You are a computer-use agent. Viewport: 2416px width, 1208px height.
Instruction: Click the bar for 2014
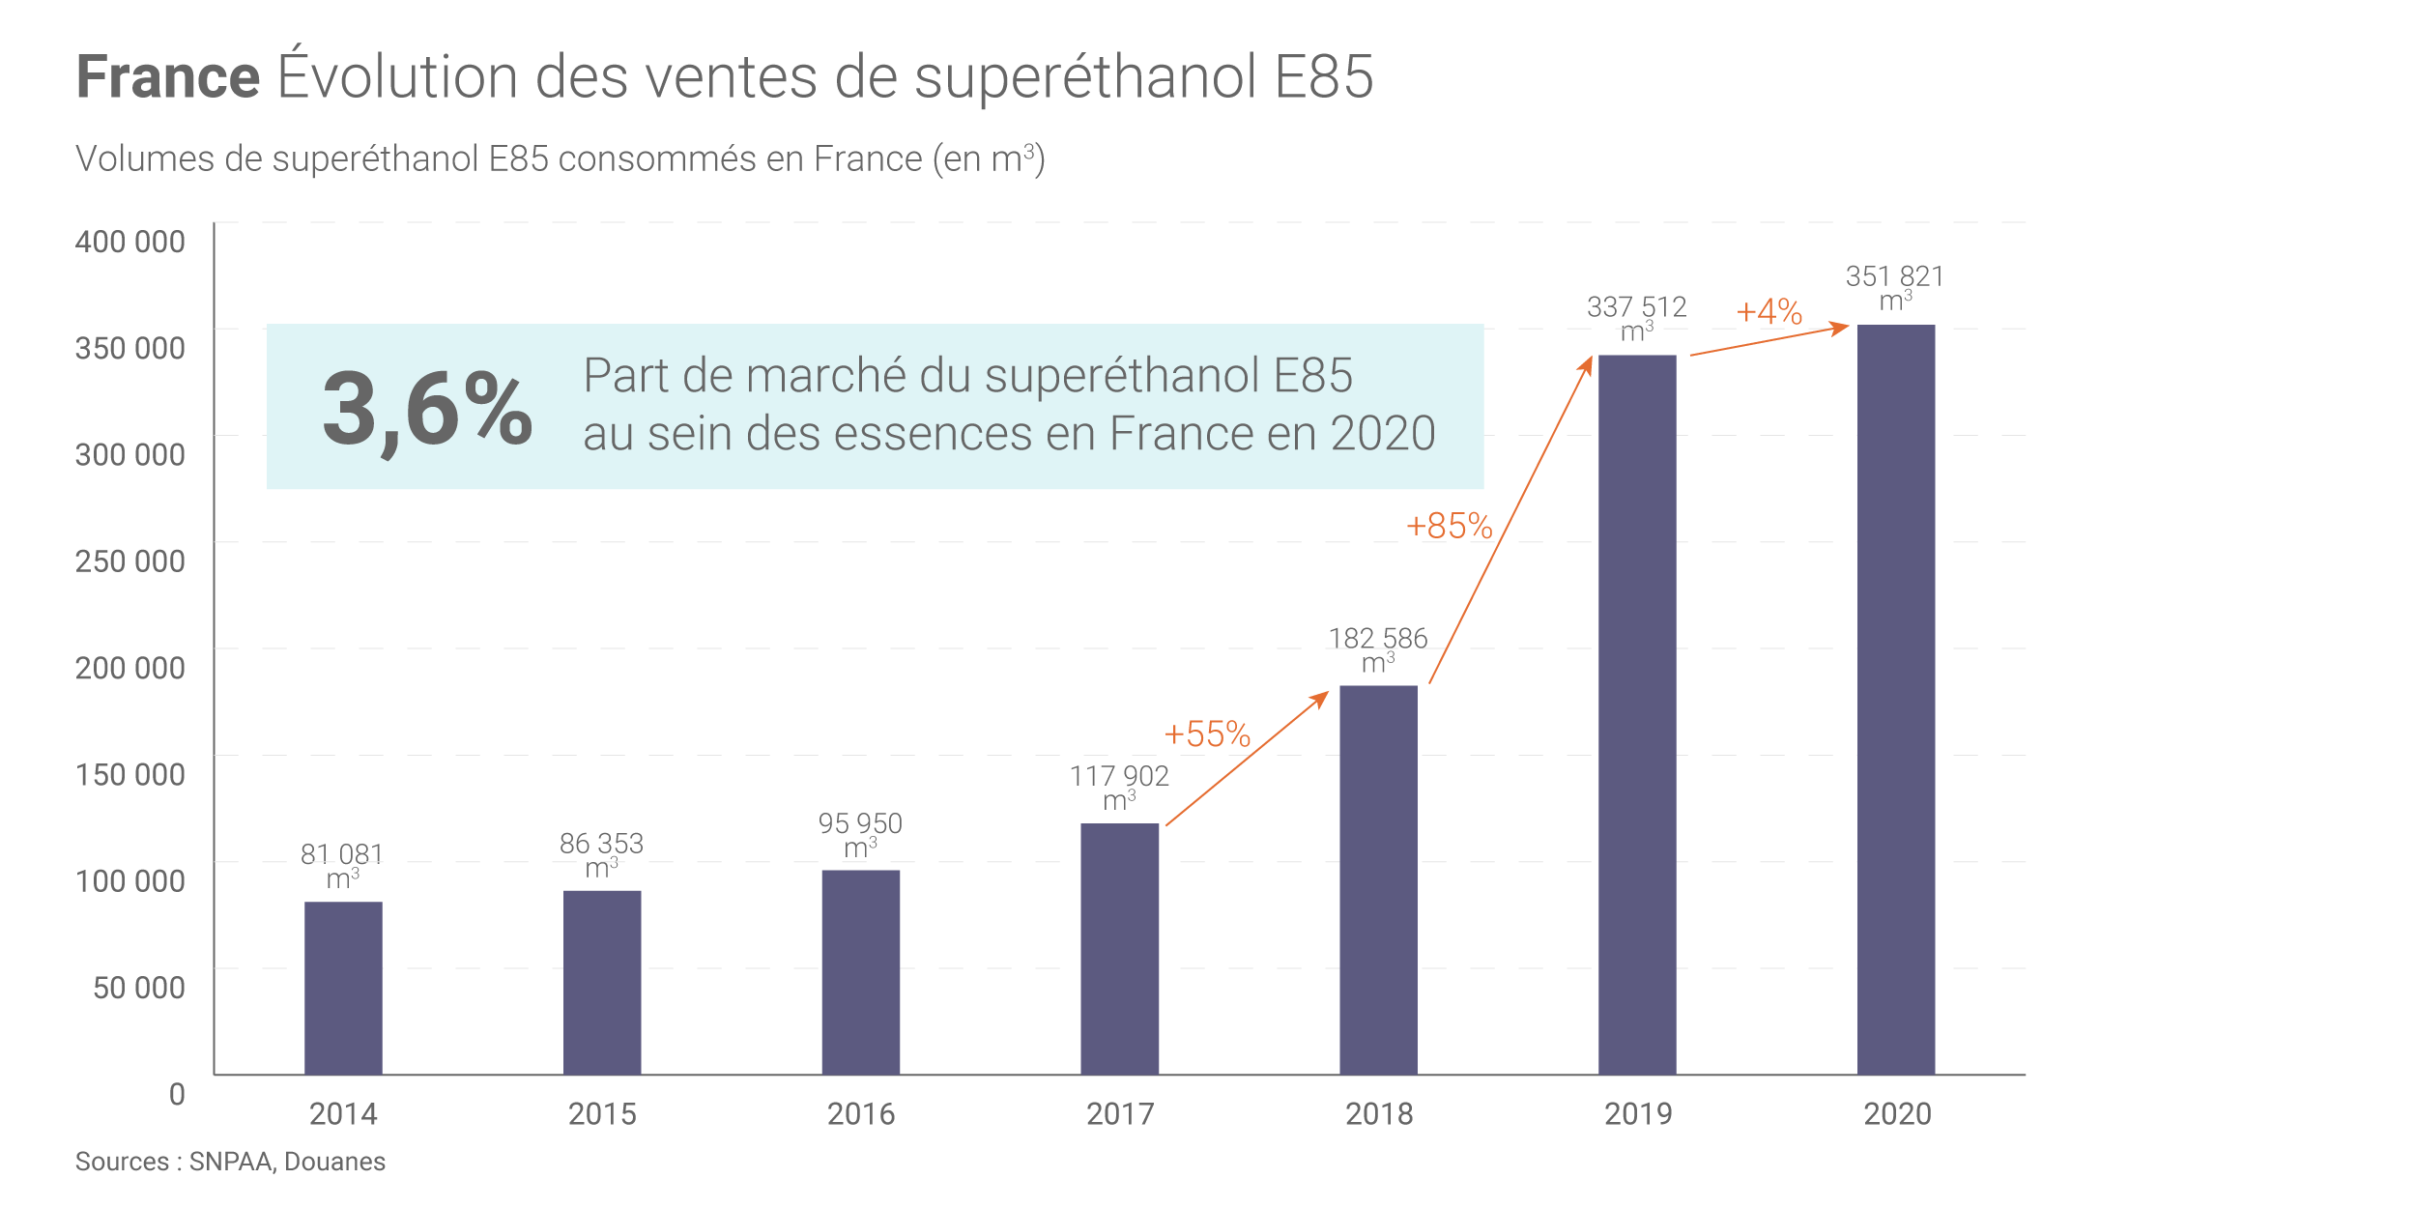click(x=343, y=988)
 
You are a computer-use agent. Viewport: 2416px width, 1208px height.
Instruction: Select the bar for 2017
click(x=1119, y=949)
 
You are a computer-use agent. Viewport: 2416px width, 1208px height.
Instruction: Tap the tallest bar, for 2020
click(x=1896, y=700)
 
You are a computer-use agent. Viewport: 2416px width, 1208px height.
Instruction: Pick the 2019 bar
click(x=1637, y=715)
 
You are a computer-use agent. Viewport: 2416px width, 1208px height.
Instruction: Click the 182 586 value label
click(x=1378, y=639)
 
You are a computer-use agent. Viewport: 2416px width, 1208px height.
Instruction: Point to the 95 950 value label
click(x=860, y=823)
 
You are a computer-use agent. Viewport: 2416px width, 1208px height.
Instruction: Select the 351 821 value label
click(x=1894, y=277)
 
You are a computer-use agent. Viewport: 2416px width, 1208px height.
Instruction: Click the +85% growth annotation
click(x=1449, y=527)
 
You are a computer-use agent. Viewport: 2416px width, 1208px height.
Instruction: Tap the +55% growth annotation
click(x=1207, y=734)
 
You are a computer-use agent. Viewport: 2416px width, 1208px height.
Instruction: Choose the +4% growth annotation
click(x=1769, y=312)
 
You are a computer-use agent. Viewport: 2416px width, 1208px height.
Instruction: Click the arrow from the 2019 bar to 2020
click(x=1769, y=341)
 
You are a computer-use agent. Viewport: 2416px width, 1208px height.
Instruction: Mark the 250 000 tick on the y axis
click(x=130, y=561)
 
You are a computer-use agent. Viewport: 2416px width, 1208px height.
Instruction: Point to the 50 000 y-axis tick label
click(x=139, y=988)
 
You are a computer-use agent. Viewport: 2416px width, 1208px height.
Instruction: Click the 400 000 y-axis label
click(x=130, y=242)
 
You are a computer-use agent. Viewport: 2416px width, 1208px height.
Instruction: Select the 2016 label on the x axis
click(x=861, y=1114)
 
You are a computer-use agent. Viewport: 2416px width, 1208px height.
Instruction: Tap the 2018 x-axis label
click(x=1379, y=1114)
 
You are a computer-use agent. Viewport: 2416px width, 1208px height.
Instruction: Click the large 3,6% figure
click(x=427, y=409)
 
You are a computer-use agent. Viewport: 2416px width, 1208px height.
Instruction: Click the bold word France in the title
click(x=168, y=77)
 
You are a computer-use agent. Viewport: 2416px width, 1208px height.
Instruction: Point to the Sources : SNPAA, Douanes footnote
click(x=230, y=1162)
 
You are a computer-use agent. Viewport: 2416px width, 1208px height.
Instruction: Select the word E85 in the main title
click(x=1323, y=77)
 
